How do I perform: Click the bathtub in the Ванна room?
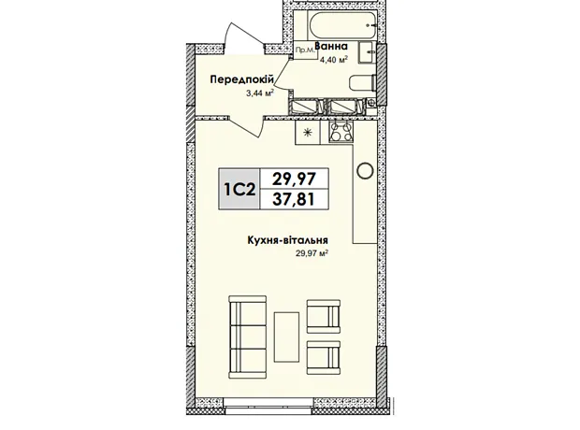pos(342,24)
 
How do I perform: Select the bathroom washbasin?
pos(367,52)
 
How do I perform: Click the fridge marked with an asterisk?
pos(307,133)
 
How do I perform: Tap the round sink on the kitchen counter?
pos(365,170)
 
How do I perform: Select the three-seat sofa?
pos(248,337)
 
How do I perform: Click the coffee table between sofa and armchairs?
pos(286,337)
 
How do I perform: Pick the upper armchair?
pos(324,316)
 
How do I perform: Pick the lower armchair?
pos(324,357)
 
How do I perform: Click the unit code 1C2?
pos(239,189)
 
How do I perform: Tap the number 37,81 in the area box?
pos(294,200)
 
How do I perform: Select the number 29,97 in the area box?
pos(294,179)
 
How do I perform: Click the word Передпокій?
pos(242,79)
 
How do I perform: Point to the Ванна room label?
pos(331,47)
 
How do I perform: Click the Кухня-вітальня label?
pos(287,240)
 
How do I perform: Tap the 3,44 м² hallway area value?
pos(260,93)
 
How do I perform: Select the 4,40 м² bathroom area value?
pos(334,59)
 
